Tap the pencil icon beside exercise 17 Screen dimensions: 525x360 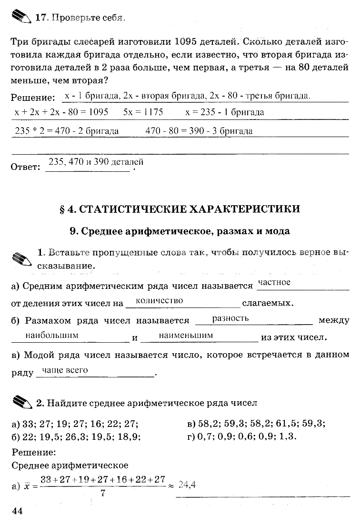click(x=20, y=18)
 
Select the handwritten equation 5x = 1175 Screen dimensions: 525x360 click(x=143, y=113)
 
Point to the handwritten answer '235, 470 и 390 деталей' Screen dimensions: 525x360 click(x=96, y=162)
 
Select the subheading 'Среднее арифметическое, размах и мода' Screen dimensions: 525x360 click(x=180, y=231)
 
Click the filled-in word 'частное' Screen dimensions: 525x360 click(x=274, y=283)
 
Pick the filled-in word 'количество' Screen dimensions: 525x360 click(x=159, y=301)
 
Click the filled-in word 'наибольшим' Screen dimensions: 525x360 click(x=52, y=336)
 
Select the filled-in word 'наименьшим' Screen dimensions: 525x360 click(x=186, y=336)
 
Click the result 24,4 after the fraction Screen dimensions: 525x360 click(x=187, y=485)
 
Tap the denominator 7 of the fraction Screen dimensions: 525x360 click(x=103, y=494)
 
